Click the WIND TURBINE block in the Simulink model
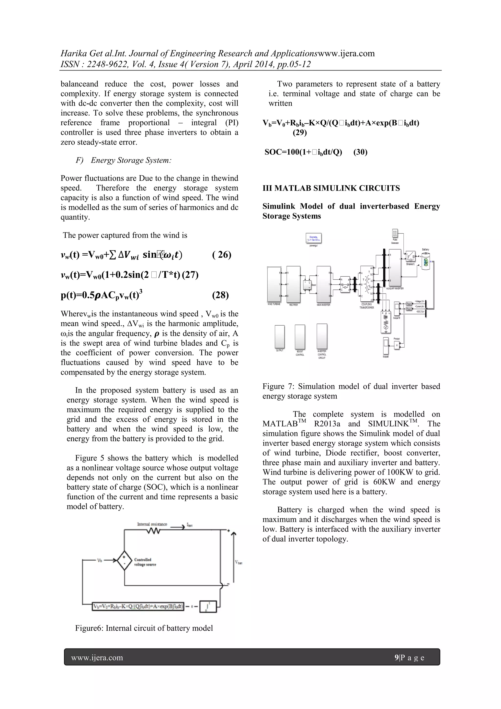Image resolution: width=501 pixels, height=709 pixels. [x=274, y=284]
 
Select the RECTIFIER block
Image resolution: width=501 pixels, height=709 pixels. [x=293, y=284]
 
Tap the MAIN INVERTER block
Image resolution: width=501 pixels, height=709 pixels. [x=323, y=284]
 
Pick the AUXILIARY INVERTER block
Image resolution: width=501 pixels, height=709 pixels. [x=395, y=269]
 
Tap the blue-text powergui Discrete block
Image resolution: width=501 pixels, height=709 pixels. [x=313, y=238]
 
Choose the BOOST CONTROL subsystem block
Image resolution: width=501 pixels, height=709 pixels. [x=300, y=337]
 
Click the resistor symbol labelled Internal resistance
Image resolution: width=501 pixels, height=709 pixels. [x=154, y=531]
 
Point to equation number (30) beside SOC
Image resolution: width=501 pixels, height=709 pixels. [x=360, y=152]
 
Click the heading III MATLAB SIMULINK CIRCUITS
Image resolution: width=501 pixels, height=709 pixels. [x=331, y=188]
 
